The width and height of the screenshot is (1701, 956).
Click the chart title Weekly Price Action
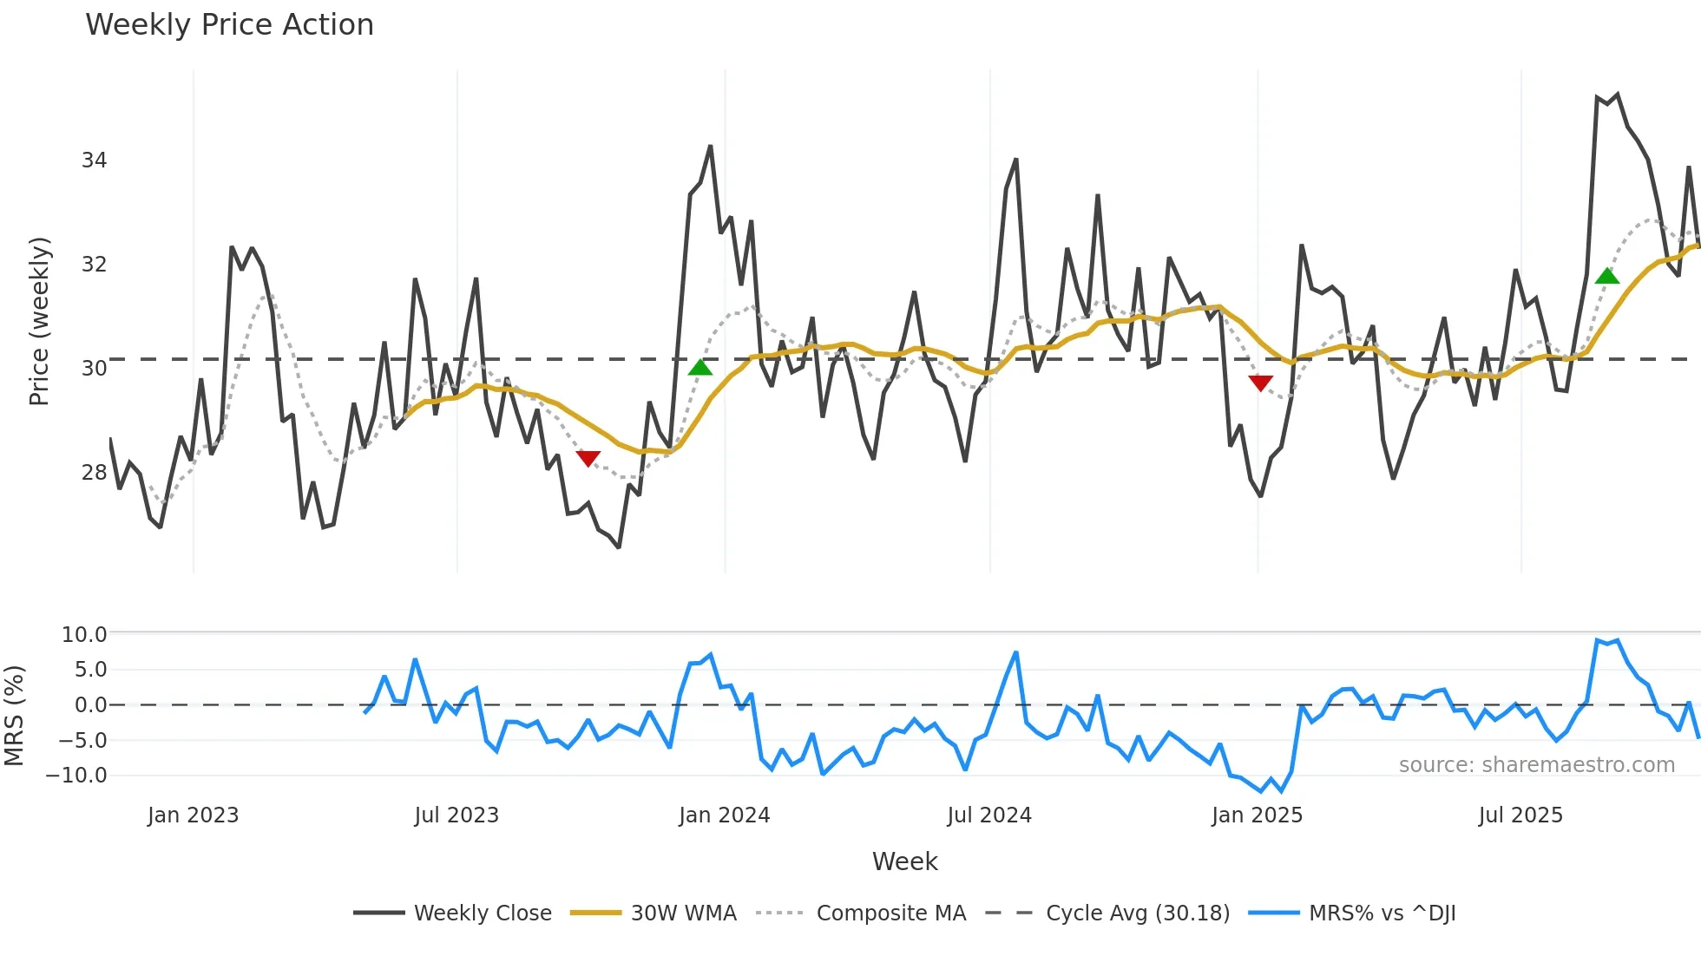tap(229, 25)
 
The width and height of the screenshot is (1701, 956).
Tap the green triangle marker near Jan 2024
tap(700, 368)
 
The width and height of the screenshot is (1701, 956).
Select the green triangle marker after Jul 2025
tap(1607, 276)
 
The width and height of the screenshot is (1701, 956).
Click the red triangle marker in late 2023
tap(588, 458)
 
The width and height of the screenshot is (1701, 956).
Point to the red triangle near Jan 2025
tap(1260, 383)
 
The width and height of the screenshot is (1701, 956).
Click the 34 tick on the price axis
tap(94, 160)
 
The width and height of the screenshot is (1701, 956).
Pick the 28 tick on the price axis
tap(94, 473)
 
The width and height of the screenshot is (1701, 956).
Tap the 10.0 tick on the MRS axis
tap(84, 635)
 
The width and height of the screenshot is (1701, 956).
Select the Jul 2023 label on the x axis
tap(456, 815)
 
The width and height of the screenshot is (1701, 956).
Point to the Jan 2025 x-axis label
tap(1257, 815)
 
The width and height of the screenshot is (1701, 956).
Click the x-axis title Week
tap(904, 861)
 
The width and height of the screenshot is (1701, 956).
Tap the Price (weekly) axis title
tap(39, 321)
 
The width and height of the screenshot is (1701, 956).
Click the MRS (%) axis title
tap(14, 716)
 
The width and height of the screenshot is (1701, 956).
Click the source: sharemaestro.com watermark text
tap(1536, 765)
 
